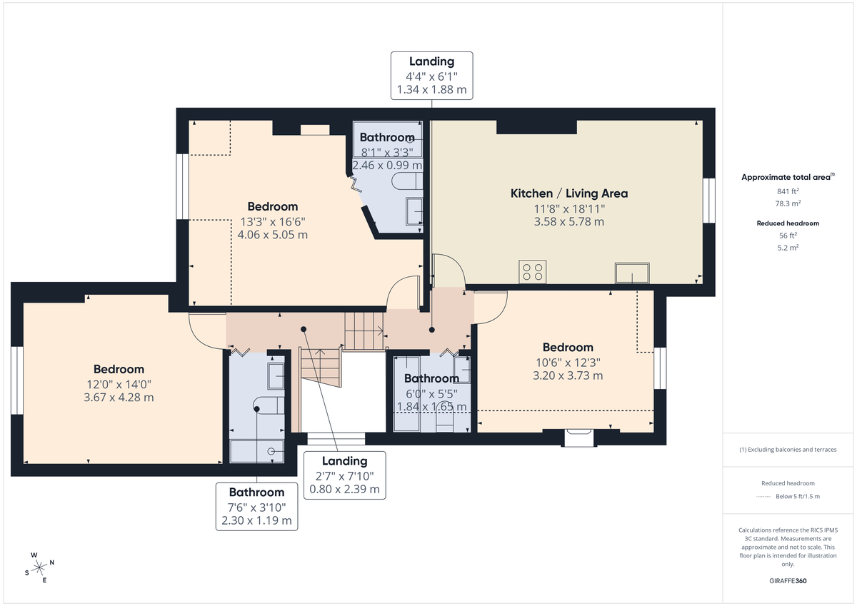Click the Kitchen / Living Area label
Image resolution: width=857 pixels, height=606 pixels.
point(568,193)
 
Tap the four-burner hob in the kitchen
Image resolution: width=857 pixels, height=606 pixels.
point(532,272)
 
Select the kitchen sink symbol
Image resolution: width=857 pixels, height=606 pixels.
point(632,273)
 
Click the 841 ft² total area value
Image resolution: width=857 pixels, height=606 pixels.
point(788,191)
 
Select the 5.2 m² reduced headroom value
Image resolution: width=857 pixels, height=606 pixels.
point(788,248)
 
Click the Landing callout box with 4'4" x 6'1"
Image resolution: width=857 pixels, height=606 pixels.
point(431,76)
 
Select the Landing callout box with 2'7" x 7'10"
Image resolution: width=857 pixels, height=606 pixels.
point(344,475)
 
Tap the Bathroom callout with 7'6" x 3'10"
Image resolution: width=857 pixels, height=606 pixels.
point(256,506)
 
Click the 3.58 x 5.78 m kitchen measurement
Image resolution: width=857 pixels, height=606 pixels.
point(568,222)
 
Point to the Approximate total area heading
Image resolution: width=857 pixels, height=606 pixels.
point(788,177)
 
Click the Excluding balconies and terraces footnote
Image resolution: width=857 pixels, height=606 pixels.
point(788,450)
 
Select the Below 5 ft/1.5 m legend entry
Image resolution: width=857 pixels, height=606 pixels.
point(797,496)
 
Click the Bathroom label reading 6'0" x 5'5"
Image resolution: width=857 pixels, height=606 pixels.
point(431,393)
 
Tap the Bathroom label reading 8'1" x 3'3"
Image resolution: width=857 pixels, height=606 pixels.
point(387,151)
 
